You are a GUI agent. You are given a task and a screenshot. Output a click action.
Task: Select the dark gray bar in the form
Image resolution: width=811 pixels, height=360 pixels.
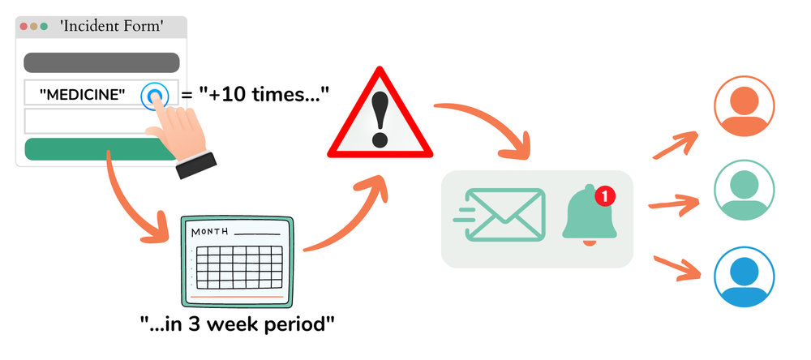click(101, 62)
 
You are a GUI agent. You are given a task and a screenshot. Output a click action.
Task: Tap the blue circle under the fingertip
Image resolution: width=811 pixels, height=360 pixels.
click(154, 96)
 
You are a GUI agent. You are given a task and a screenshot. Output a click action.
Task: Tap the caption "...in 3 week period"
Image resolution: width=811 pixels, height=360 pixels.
click(237, 325)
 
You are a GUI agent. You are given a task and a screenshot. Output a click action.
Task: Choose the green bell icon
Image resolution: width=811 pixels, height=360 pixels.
click(589, 216)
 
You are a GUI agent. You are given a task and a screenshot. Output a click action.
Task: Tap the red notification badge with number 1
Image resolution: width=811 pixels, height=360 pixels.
click(605, 195)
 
